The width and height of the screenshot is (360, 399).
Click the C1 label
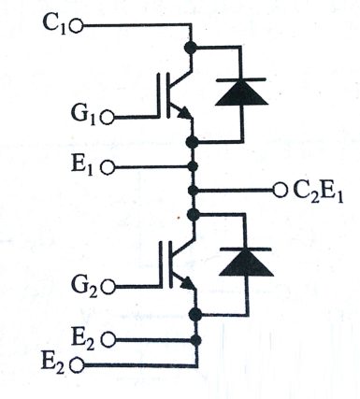(x=54, y=24)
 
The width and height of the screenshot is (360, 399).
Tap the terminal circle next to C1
(x=76, y=26)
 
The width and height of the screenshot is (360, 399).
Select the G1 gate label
(x=83, y=116)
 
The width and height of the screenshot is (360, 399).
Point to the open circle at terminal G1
(x=108, y=118)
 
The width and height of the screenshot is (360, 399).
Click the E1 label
(x=82, y=166)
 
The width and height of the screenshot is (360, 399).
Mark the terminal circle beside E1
(x=108, y=167)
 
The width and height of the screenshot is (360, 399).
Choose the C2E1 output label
(x=318, y=192)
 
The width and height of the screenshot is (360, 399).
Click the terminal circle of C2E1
(x=280, y=190)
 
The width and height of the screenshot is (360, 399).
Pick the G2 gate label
(x=84, y=286)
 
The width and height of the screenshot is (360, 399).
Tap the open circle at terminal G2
(x=108, y=287)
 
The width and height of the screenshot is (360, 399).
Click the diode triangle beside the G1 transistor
(x=241, y=93)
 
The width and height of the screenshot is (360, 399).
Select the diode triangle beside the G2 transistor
(x=246, y=264)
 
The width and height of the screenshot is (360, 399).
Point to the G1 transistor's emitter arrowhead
(x=185, y=113)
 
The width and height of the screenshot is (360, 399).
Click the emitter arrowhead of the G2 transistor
(x=188, y=283)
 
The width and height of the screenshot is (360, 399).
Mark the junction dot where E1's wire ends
(x=193, y=166)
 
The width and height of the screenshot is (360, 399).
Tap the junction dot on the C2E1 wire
(x=194, y=190)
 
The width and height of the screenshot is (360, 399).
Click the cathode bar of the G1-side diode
(x=241, y=79)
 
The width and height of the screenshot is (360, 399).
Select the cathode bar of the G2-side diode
(x=246, y=249)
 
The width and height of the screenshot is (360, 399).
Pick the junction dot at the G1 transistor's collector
(x=191, y=48)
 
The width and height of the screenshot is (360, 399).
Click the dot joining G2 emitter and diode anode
(x=195, y=314)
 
